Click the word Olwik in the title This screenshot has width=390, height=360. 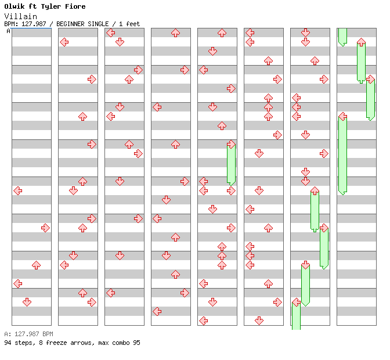point(15,6)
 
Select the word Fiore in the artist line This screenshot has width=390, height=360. point(75,6)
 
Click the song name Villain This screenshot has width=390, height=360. point(20,16)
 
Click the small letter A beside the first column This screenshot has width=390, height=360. point(8,31)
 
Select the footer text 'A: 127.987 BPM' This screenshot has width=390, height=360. point(28,334)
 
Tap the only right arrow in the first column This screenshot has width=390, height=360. point(45,228)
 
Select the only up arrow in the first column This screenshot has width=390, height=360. point(36,265)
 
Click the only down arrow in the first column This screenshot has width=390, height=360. point(27,302)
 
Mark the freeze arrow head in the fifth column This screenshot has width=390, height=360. point(231,144)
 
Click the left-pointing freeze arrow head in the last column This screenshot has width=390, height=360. point(342,116)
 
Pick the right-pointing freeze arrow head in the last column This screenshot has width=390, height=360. point(370,79)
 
